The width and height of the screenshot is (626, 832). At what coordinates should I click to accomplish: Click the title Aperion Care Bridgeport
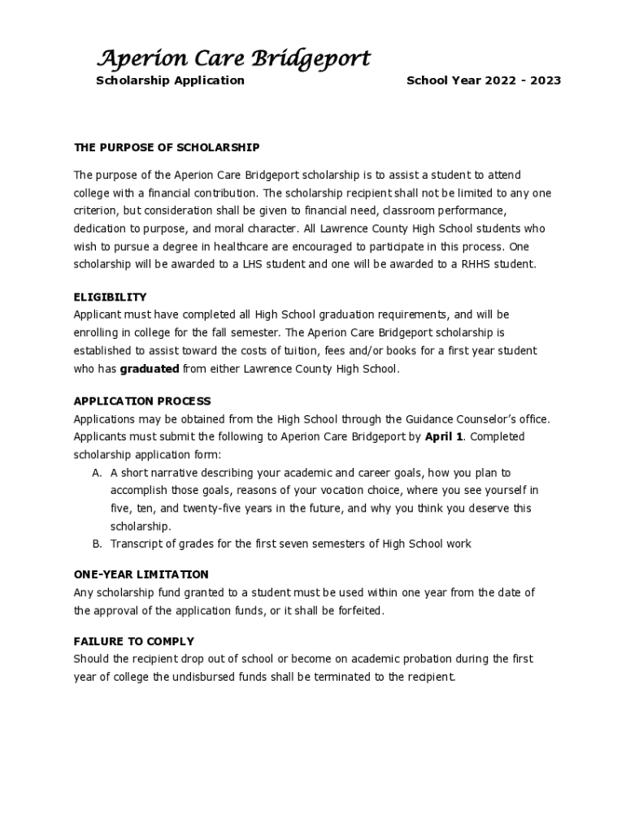233,58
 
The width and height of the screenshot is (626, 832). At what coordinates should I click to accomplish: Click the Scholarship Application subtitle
170,80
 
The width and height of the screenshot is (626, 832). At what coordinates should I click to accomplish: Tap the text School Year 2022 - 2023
484,80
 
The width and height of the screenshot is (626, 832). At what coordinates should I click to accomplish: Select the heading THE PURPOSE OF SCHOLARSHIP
167,147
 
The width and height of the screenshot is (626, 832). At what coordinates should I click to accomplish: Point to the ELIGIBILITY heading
111,297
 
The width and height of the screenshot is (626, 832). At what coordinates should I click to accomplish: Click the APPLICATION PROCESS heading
142,401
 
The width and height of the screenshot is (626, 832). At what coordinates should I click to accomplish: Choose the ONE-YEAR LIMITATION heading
141,574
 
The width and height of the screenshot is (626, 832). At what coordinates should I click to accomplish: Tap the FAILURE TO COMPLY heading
134,641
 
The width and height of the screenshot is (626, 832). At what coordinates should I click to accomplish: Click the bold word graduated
150,369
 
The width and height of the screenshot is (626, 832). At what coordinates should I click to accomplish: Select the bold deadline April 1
444,437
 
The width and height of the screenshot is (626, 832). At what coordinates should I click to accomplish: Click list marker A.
97,473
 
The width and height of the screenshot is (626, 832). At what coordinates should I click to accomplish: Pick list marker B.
97,544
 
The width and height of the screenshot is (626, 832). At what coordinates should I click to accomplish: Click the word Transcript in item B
137,544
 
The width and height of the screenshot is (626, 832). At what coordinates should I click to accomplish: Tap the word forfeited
360,610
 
